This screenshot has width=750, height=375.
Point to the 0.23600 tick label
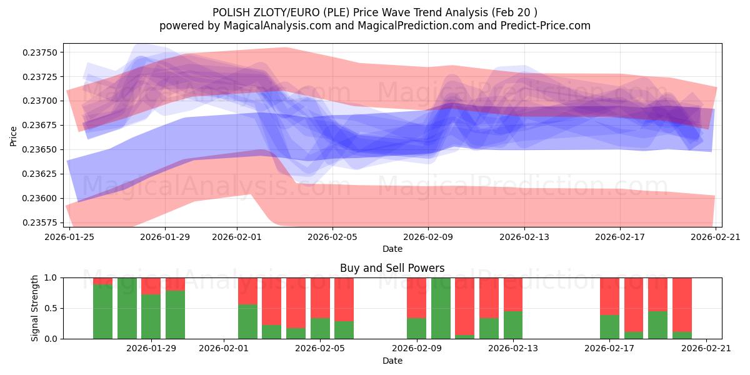(41, 198)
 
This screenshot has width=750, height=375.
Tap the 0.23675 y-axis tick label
(41, 125)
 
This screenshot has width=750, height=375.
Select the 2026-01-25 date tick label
(69, 237)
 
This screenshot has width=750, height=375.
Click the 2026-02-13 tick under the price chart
(524, 237)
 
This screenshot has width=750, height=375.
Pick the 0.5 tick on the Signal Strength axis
(52, 308)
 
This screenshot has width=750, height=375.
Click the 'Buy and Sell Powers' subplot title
(392, 268)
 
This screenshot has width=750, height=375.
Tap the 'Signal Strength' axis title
(35, 307)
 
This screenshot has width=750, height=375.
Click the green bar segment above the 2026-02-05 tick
(320, 328)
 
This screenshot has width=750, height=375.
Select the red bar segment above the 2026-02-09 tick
(416, 297)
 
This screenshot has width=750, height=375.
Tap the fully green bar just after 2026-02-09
(441, 308)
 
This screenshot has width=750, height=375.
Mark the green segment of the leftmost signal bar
(102, 311)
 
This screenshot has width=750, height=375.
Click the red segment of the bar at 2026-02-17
(609, 296)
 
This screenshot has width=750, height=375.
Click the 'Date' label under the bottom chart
(392, 361)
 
